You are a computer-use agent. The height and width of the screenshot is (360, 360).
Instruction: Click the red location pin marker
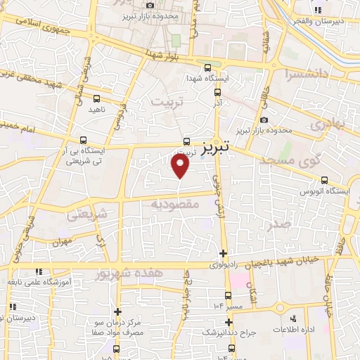(181, 167)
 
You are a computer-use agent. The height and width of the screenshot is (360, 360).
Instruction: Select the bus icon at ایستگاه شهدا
(206, 68)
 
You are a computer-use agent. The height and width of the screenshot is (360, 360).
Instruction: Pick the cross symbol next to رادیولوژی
(224, 254)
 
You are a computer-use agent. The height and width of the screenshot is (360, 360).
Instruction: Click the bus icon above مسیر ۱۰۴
(227, 296)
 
